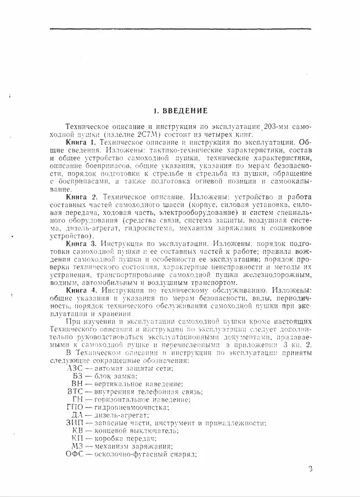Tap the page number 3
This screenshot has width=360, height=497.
310,468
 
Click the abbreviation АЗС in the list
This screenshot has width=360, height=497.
74,369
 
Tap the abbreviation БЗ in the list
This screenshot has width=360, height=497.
77,376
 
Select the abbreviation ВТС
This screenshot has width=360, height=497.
75,392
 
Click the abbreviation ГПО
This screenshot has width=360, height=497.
74,407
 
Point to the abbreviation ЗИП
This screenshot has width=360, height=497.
74,422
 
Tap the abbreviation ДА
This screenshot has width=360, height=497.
77,415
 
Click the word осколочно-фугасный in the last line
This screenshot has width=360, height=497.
126,454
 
